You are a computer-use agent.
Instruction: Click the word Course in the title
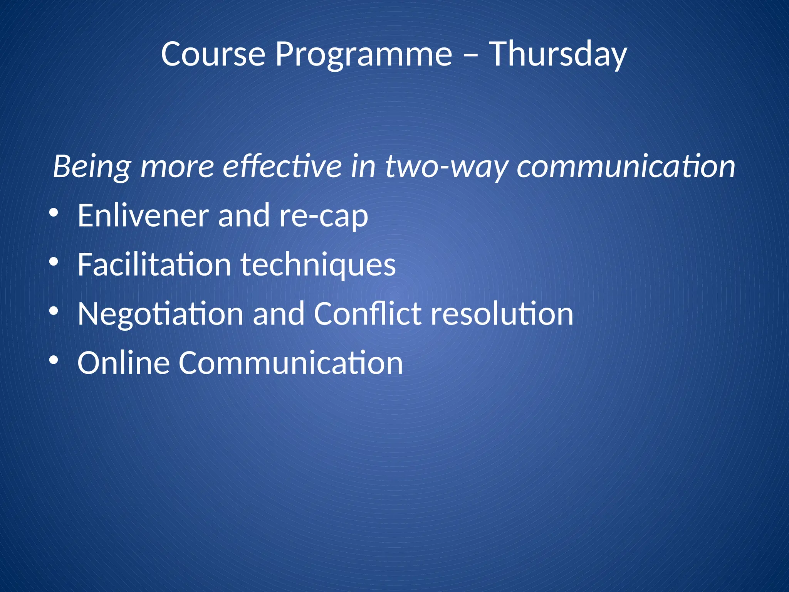click(213, 54)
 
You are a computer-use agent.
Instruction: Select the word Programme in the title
click(363, 54)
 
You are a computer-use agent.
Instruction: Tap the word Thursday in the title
click(558, 54)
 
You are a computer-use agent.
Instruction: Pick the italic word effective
click(282, 166)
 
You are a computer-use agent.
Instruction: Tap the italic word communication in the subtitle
click(626, 166)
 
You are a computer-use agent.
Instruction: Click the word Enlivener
click(143, 215)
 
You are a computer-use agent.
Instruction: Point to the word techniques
click(318, 265)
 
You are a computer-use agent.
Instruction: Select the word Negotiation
click(160, 314)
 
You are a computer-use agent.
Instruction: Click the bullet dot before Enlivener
click(54, 213)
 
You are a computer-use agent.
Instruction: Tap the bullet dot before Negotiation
click(54, 311)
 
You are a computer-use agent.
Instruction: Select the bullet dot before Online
click(54, 360)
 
